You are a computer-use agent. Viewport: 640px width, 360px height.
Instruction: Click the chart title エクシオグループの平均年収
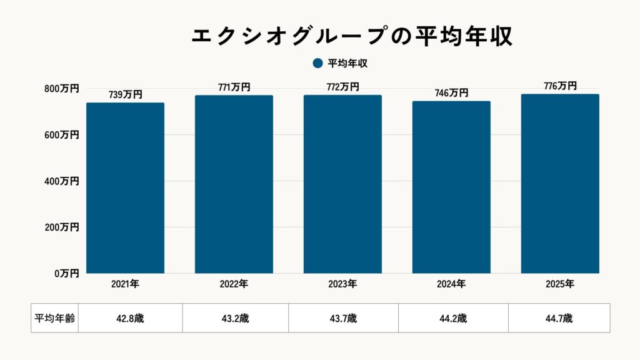coord(351,36)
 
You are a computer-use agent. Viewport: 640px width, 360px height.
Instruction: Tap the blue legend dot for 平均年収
coord(317,63)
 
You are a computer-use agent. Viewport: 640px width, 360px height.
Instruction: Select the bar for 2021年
coord(125,187)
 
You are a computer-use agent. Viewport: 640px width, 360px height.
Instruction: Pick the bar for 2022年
coord(234,184)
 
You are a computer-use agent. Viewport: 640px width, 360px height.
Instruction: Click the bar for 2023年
coord(342,184)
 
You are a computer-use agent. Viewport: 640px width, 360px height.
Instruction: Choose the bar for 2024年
coord(451,187)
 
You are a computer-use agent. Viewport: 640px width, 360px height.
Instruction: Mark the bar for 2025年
coord(560,184)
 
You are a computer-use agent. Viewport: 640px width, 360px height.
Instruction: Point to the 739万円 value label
coord(125,94)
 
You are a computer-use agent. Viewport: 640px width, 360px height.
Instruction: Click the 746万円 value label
coord(451,93)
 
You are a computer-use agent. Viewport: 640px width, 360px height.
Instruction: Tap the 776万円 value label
coord(560,86)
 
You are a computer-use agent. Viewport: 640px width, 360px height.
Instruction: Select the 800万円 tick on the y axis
coord(61,89)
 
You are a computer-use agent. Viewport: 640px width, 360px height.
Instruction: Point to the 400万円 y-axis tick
coord(61,181)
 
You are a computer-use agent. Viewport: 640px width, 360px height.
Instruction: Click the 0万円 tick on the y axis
coord(66,273)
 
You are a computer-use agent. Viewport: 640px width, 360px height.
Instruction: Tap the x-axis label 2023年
coord(342,284)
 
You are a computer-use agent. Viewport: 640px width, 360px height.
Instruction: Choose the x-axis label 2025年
coord(560,284)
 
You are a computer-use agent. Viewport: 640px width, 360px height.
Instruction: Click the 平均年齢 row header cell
coord(54,318)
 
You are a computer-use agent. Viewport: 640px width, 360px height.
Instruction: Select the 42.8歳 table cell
coord(130,318)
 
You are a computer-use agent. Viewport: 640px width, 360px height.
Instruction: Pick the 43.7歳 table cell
coord(343,318)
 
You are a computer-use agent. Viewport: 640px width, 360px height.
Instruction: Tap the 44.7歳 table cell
coord(559,318)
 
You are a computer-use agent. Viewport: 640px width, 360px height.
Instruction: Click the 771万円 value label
coord(234,87)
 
